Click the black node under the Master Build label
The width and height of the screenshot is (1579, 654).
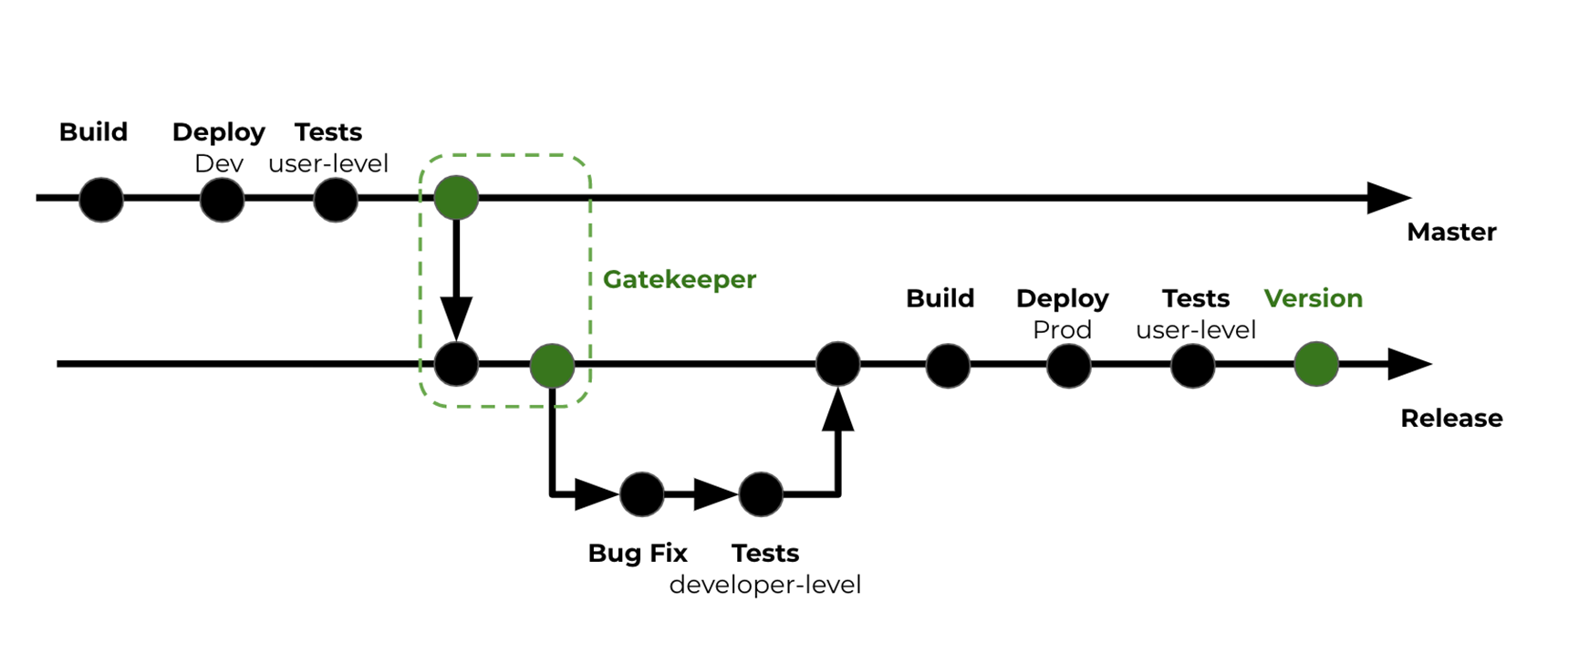click(x=101, y=200)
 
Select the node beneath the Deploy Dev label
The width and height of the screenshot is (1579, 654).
click(x=222, y=200)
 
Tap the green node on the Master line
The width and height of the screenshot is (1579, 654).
click(x=456, y=198)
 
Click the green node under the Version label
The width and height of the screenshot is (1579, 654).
click(x=1315, y=364)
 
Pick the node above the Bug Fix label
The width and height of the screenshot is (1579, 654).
click(x=642, y=494)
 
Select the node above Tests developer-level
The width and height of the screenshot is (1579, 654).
click(x=761, y=494)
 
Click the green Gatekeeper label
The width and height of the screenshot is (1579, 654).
click(x=680, y=279)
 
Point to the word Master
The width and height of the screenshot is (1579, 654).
click(x=1450, y=233)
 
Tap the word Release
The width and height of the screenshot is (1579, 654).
click(x=1450, y=419)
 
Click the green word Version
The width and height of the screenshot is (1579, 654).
click(x=1313, y=298)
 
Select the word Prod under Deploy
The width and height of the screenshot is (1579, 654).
click(x=1062, y=330)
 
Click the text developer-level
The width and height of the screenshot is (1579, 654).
click(x=764, y=585)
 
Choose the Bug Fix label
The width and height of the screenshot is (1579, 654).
click(x=637, y=554)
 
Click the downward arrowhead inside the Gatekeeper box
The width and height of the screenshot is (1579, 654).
click(x=456, y=318)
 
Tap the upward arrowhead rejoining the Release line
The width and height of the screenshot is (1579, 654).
click(x=837, y=410)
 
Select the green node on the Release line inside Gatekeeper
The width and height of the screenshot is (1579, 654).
click(x=552, y=366)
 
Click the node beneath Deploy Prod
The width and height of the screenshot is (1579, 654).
click(x=1068, y=366)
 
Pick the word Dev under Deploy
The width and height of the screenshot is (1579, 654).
click(x=219, y=164)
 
